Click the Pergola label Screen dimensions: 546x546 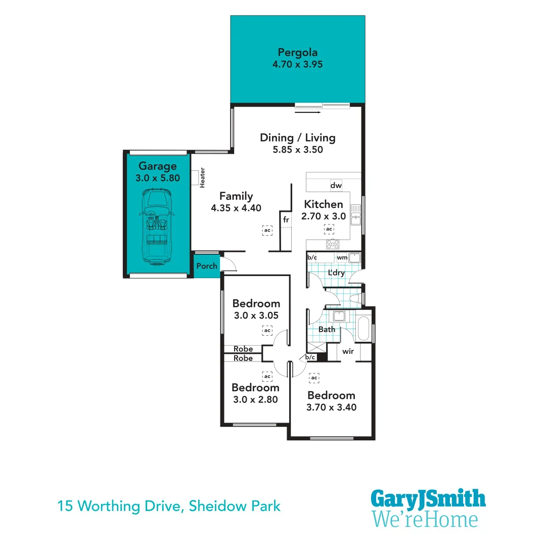click(297, 52)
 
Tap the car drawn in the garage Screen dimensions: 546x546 click(157, 227)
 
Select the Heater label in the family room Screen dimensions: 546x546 click(202, 178)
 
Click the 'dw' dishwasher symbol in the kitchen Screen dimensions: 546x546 click(336, 186)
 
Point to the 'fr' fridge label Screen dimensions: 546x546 click(286, 220)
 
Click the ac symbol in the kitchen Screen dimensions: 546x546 click(329, 230)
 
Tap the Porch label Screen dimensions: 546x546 click(206, 266)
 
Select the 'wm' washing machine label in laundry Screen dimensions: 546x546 click(342, 258)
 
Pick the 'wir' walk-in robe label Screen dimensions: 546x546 click(348, 351)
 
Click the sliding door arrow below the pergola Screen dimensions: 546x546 click(307, 112)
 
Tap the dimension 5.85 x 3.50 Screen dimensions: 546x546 click(297, 150)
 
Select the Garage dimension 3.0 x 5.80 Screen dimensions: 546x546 click(158, 178)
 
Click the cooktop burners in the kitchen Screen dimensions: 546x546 click(333, 244)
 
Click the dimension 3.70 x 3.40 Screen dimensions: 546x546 click(331, 407)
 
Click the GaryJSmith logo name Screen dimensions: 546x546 click(428, 499)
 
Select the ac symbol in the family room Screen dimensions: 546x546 click(267, 230)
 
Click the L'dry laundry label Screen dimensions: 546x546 click(336, 273)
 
